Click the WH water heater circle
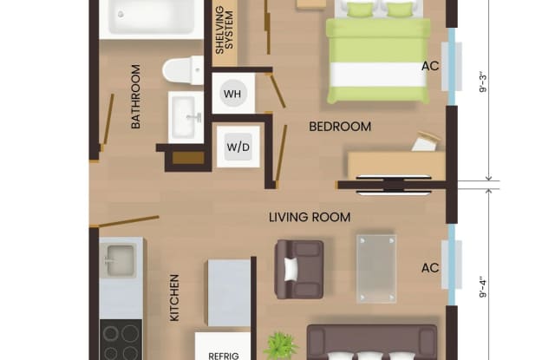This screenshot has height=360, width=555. [x=232, y=94]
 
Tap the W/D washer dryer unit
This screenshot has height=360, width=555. [x=238, y=147]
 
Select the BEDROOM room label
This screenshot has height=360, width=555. [x=340, y=127]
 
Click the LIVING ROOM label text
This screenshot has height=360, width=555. [x=310, y=217]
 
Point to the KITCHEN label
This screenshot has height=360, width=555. [x=174, y=298]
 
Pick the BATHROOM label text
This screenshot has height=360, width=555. [x=135, y=96]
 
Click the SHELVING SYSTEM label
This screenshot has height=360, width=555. [x=225, y=30]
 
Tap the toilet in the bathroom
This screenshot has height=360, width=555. [x=183, y=70]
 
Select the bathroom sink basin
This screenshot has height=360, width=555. [x=186, y=117]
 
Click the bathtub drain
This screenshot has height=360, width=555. [x=121, y=14]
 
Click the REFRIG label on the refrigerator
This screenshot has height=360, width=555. [x=224, y=356]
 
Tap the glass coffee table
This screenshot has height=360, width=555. [x=375, y=269]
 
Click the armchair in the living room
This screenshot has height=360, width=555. [x=299, y=269]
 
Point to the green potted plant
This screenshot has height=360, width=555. [x=281, y=346]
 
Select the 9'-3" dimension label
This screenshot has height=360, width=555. [x=483, y=83]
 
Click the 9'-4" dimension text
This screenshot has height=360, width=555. [x=483, y=289]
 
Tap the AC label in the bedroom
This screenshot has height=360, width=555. [x=430, y=66]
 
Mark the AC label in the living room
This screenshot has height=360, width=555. [x=430, y=268]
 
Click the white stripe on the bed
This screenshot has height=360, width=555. [x=378, y=75]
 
